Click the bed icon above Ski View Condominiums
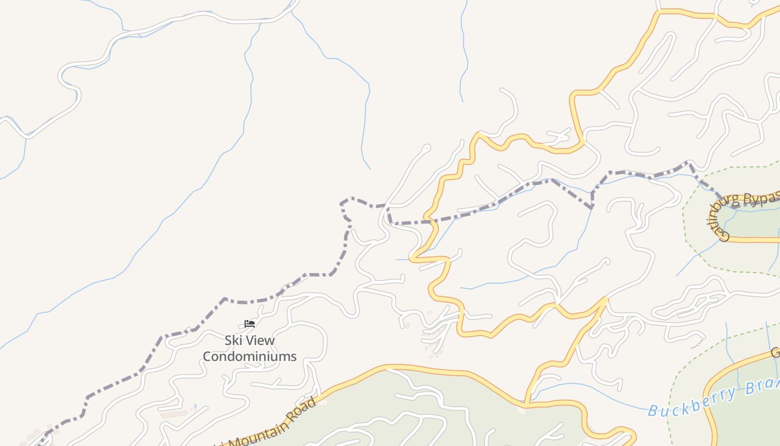pyautogui.click(x=249, y=323)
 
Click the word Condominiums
pyautogui.click(x=249, y=356)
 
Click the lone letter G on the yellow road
pyautogui.click(x=775, y=353)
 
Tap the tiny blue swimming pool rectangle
pyautogui.click(x=195, y=406)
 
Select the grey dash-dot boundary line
pyautogui.click(x=223, y=301)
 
